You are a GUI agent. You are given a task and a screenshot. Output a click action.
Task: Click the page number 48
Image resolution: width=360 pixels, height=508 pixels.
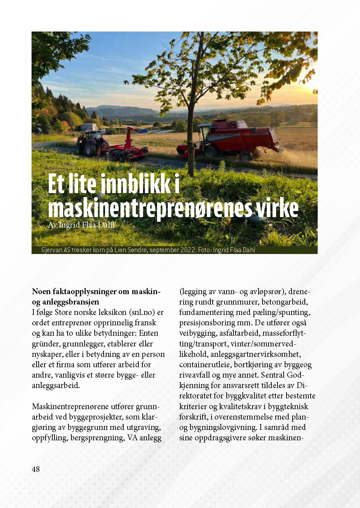36,469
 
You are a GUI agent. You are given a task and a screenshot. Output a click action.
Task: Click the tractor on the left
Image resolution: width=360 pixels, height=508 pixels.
92,141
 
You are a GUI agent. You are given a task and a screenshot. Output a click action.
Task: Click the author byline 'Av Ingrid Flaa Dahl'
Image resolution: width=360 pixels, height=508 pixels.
81,225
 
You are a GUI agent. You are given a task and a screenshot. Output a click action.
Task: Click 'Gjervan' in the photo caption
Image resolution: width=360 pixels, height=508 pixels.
52,250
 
